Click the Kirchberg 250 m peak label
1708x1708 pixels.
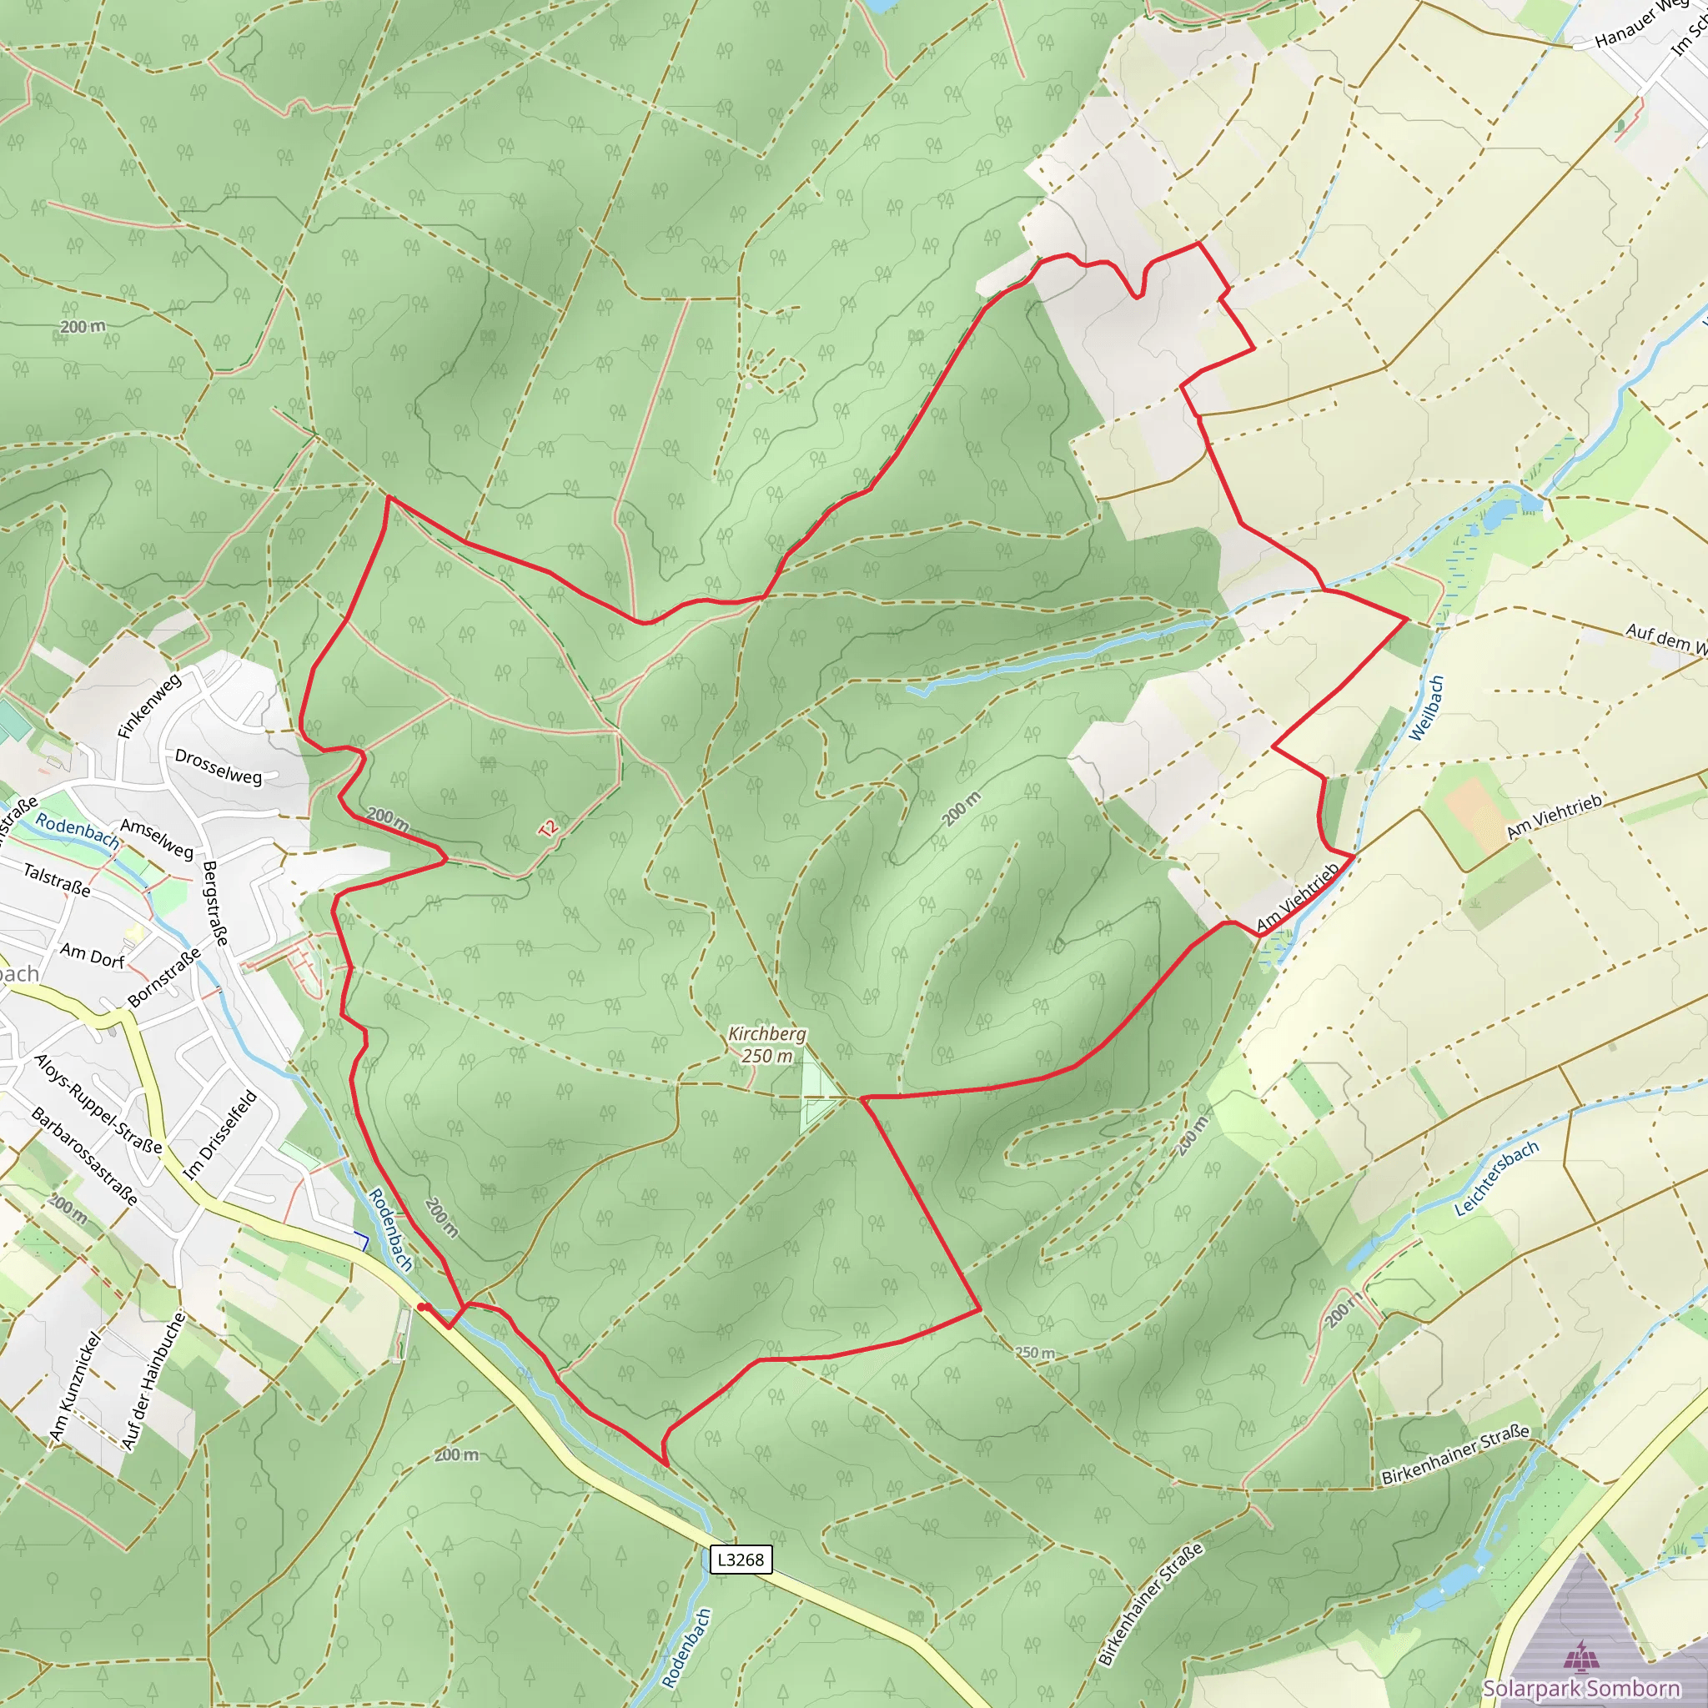766,1044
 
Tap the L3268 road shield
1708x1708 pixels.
741,1559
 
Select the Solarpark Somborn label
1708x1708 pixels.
1580,1688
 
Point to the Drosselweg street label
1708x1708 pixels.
219,766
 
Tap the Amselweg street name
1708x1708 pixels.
157,838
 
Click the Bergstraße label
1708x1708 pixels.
215,902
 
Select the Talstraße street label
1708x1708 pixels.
57,880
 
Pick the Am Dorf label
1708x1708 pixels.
92,955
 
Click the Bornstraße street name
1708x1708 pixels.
164,977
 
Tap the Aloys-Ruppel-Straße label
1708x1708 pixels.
98,1103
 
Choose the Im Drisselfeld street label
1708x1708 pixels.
220,1135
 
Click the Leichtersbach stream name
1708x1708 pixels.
1497,1178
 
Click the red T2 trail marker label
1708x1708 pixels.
548,828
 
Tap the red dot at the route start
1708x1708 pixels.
423,1307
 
